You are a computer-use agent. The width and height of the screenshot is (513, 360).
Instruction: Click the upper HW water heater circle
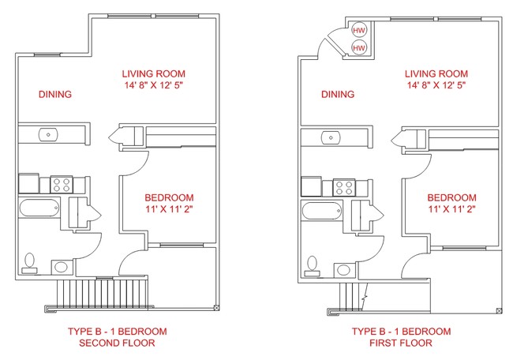[x=359, y=31]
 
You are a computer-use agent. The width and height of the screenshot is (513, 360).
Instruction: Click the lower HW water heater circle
[x=359, y=48]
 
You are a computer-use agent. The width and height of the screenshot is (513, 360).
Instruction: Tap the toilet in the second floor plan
[x=29, y=263]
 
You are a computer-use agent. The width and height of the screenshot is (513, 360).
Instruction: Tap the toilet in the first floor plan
[x=312, y=266]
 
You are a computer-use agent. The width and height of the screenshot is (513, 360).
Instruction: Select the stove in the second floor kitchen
[x=62, y=185]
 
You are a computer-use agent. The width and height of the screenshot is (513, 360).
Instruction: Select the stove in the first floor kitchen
[x=344, y=188]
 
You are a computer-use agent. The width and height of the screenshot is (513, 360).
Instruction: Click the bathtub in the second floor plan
[x=39, y=208]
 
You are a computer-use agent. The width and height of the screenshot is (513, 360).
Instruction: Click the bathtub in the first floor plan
[x=322, y=211]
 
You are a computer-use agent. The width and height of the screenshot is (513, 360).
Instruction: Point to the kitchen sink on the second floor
[x=48, y=134]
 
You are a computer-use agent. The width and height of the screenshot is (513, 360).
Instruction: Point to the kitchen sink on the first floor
[x=331, y=138]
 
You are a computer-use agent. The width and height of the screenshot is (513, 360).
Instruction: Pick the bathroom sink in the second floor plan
[x=62, y=267]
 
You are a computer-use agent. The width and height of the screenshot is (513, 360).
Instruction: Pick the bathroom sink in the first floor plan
[x=343, y=270]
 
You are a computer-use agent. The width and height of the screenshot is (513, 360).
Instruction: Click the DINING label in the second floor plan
[x=55, y=94]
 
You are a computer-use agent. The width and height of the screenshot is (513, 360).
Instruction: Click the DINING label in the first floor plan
[x=338, y=94]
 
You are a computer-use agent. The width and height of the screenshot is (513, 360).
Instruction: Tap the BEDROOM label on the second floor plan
[x=169, y=197]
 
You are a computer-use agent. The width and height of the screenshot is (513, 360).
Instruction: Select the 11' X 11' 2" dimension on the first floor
[x=451, y=208]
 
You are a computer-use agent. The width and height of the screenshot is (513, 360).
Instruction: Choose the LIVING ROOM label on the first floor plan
[x=436, y=73]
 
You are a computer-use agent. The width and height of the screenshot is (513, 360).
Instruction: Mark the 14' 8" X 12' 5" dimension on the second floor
[x=153, y=85]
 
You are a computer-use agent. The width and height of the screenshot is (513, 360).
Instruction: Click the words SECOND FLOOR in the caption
[x=117, y=343]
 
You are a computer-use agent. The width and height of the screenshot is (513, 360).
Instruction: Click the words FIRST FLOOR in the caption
[x=401, y=343]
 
